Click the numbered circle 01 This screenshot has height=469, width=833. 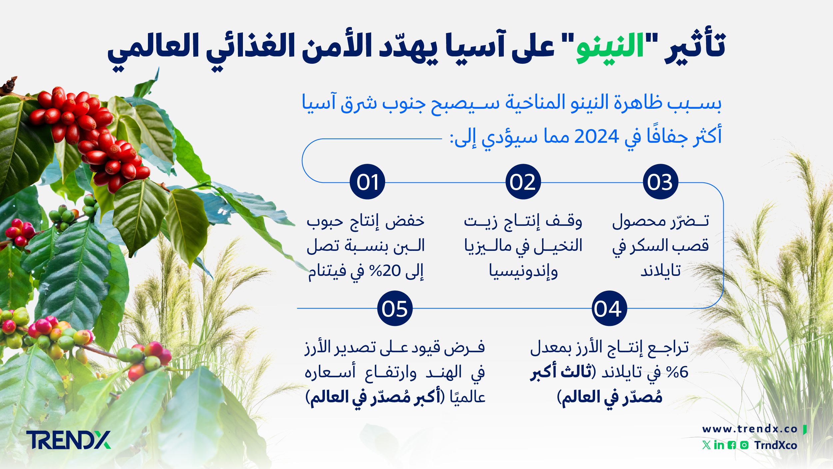pyautogui.click(x=367, y=182)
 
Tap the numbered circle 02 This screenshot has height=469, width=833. pyautogui.click(x=523, y=182)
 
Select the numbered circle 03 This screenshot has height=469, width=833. pyautogui.click(x=660, y=182)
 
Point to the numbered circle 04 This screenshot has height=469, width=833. pyautogui.click(x=609, y=308)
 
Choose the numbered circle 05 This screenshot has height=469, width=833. pyautogui.click(x=395, y=308)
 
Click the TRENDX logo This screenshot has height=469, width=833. pyautogui.click(x=68, y=440)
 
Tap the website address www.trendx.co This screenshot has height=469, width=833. pyautogui.click(x=750, y=429)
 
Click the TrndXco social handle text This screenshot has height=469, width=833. pyautogui.click(x=776, y=445)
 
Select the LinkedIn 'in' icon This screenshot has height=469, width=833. pyautogui.click(x=719, y=445)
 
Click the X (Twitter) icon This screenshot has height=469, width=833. pyautogui.click(x=706, y=445)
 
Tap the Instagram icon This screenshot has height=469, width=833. pyautogui.click(x=744, y=445)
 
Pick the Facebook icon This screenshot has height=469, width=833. pyautogui.click(x=732, y=445)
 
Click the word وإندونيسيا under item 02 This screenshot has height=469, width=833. pyautogui.click(x=523, y=271)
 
